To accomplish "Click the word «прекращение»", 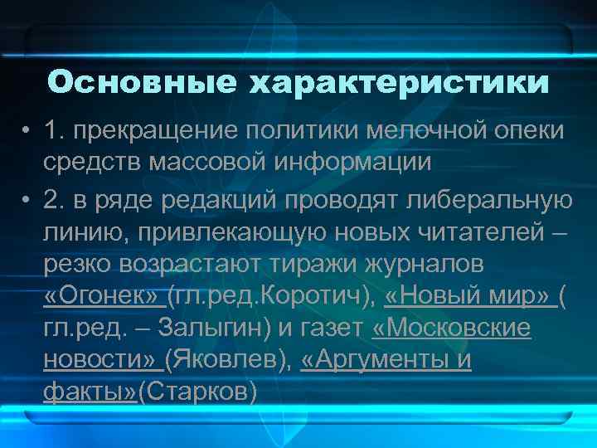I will point(157,129).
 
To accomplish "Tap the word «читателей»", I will point(481,231).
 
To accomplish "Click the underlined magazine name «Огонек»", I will point(104,295).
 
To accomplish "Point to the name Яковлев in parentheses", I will point(226,360).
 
